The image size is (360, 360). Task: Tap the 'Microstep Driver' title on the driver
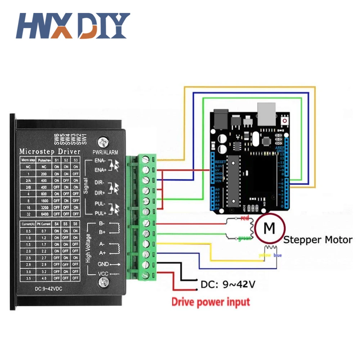pos(50,151)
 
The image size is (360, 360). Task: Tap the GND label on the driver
pos(103,264)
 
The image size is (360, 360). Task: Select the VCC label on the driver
pos(103,274)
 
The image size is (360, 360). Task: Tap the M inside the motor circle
pos(269,228)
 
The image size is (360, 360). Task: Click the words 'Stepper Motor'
pos(318,240)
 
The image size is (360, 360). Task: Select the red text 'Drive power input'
pos(210,302)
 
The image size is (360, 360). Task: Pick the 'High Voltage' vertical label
pos(88,248)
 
